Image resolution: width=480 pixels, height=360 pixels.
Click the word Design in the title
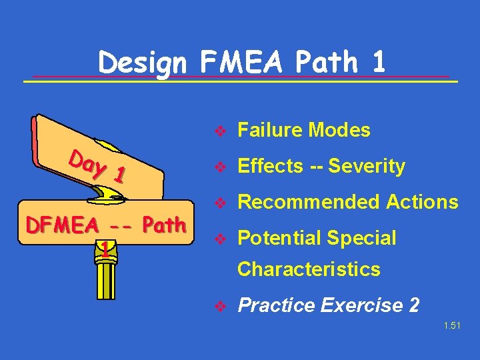point(143,63)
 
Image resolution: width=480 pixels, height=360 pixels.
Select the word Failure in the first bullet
point(269,130)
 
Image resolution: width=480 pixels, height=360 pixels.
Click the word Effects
point(269,166)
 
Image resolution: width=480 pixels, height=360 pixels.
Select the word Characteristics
point(309,269)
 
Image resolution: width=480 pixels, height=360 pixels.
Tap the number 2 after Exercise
point(414,305)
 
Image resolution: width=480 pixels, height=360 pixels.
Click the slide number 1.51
point(451,327)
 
